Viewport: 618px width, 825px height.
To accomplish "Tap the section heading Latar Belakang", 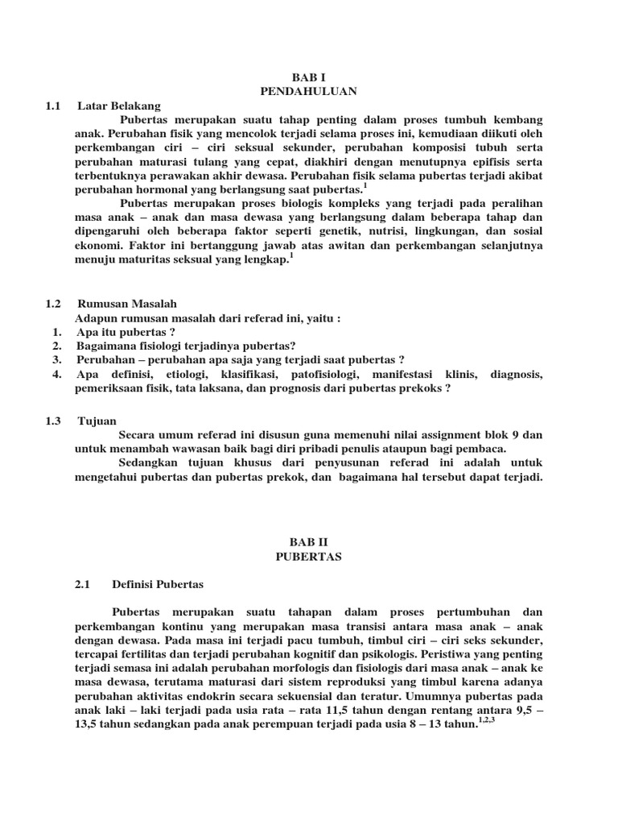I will pos(119,106).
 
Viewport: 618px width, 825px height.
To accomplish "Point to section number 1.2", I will pos(54,303).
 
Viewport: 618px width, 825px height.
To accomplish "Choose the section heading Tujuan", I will pos(97,421).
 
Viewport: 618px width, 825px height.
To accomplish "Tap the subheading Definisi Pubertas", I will pos(158,584).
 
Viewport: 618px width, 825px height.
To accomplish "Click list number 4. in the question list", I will pos(56,375).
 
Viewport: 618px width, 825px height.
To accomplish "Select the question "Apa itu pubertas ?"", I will pos(126,332).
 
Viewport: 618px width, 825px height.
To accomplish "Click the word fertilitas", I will pos(138,653).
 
